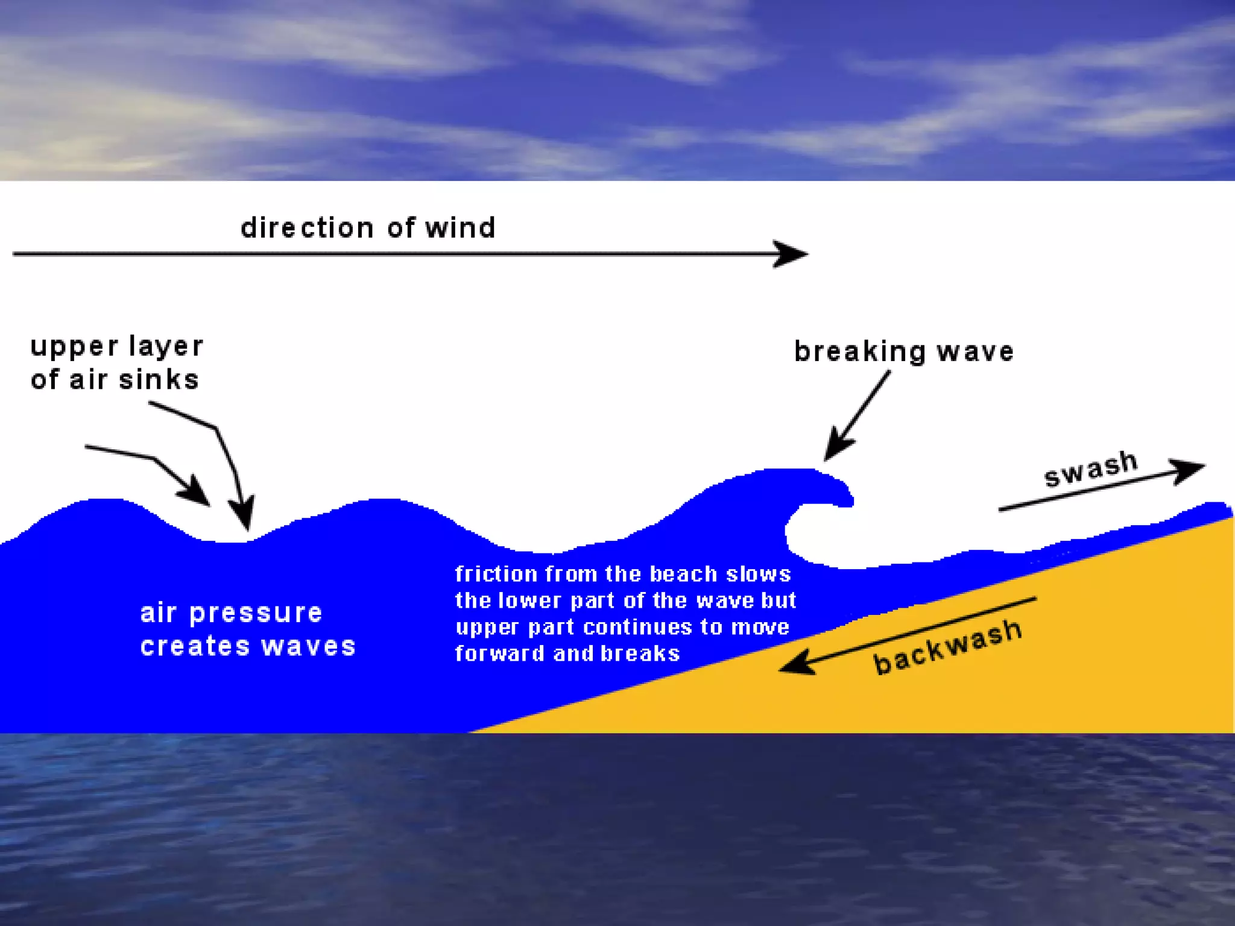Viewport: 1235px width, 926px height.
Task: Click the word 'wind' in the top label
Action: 460,228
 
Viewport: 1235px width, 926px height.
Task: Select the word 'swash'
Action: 1091,468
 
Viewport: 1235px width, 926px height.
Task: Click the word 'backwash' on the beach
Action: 948,647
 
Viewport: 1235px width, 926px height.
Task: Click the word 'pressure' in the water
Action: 256,614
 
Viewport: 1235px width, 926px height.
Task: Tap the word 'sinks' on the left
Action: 159,380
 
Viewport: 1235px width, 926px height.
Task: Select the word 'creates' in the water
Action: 195,646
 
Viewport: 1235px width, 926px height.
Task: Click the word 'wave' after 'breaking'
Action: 975,351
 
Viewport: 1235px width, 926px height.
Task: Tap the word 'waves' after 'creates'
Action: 309,646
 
